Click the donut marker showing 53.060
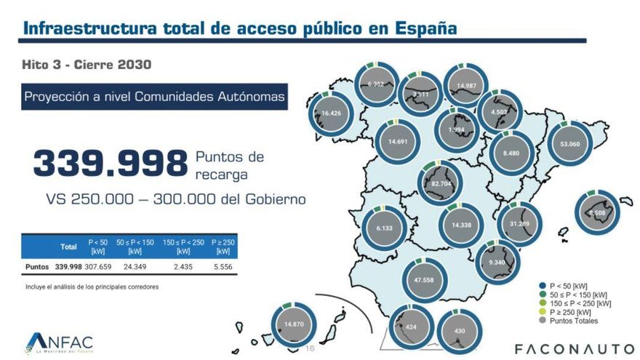pyautogui.click(x=571, y=144)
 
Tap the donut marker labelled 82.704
pyautogui.click(x=441, y=184)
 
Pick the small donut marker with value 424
pyautogui.click(x=411, y=327)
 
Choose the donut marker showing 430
pyautogui.click(x=458, y=331)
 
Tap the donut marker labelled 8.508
pyautogui.click(x=597, y=213)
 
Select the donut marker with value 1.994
pyautogui.click(x=456, y=130)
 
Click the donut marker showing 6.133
pyautogui.click(x=384, y=228)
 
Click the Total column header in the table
pyautogui.click(x=68, y=247)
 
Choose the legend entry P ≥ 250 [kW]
pyautogui.click(x=569, y=312)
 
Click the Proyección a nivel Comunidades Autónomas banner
pyautogui.click(x=153, y=96)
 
